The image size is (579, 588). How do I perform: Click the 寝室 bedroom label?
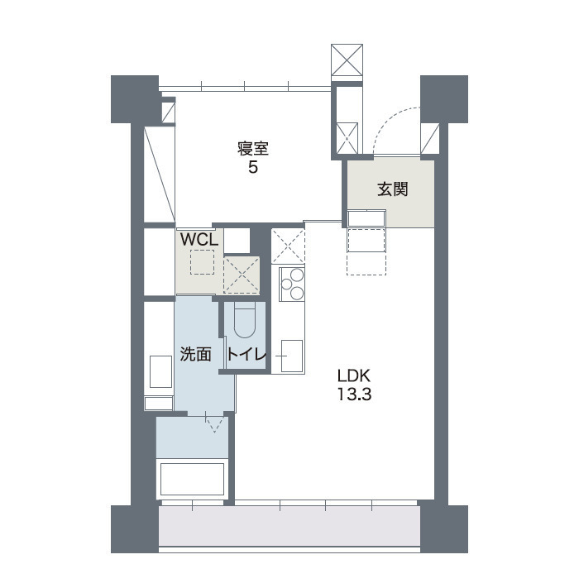coord(253,149)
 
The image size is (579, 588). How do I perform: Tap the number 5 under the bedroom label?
coord(253,168)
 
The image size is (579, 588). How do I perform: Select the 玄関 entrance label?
coord(392,189)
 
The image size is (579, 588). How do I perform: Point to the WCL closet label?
coord(199,240)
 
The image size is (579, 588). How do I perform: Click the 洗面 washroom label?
coord(196,354)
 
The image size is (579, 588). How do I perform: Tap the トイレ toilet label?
coord(246,354)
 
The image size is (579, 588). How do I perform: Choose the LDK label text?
coord(354,375)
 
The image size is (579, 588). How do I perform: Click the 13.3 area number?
coord(354,394)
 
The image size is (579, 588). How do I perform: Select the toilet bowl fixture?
coord(245,321)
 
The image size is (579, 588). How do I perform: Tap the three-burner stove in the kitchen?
coord(292,284)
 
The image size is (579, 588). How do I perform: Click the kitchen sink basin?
coord(292,356)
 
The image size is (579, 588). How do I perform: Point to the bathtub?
coord(193,480)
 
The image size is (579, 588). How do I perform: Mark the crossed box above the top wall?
coord(347,60)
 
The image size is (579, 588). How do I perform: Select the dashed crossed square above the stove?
coord(288,246)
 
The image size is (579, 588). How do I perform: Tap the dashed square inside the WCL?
coord(203,262)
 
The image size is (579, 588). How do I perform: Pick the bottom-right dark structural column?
coord(444,529)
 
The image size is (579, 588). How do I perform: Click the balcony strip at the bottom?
coord(289,526)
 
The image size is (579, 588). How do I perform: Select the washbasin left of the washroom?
coord(160,371)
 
